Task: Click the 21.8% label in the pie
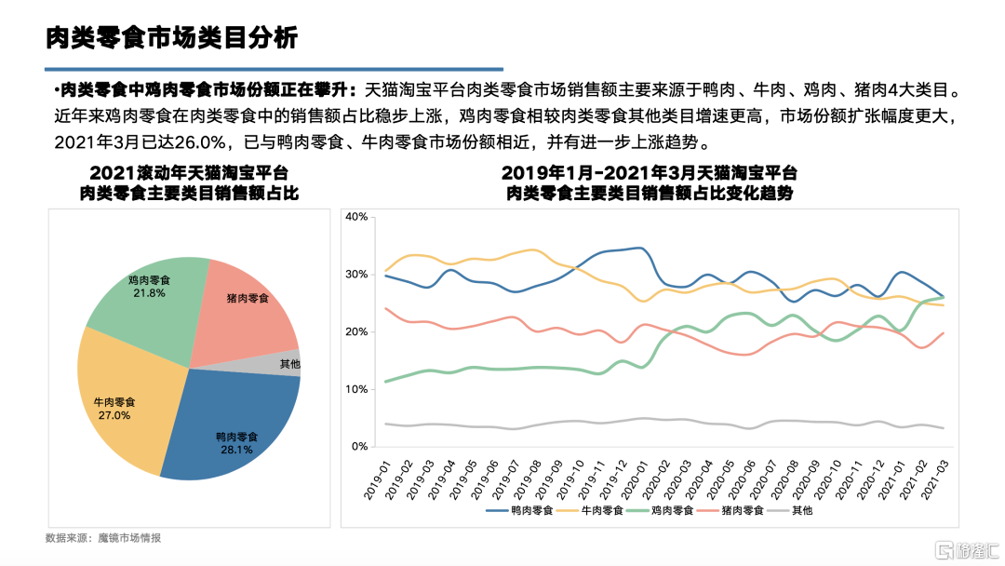pos(148,293)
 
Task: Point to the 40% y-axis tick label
pos(357,217)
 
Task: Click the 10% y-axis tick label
pos(357,389)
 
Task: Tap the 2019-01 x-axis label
pos(378,477)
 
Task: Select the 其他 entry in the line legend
pos(801,511)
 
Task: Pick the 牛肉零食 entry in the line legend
pos(599,511)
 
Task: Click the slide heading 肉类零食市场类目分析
pos(172,38)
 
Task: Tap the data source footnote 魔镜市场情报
pos(136,539)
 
